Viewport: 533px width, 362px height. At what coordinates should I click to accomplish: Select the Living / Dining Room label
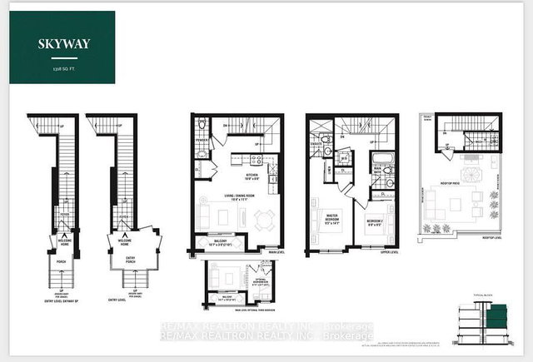click(236, 197)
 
